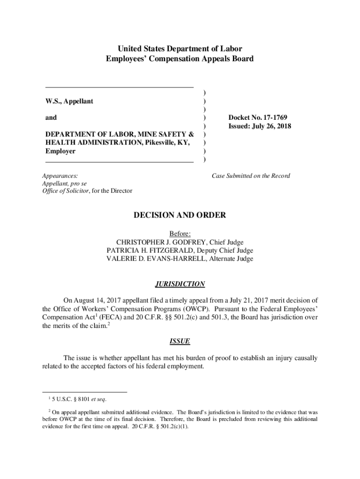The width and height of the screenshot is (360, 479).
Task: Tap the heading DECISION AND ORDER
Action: pos(180,216)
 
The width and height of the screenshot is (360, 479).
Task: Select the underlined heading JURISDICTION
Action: pos(180,284)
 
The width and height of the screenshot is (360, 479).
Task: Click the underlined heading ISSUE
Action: pos(180,341)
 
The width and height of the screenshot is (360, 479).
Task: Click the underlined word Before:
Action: pos(180,233)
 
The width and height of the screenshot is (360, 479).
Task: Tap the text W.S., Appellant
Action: pos(69,101)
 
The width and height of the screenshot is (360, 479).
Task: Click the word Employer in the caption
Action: pos(60,152)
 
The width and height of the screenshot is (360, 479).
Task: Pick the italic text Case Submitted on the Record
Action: pos(251,176)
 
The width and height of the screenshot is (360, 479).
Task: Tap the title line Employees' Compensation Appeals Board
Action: pos(180,59)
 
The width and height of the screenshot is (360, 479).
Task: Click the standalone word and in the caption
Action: pos(51,118)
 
